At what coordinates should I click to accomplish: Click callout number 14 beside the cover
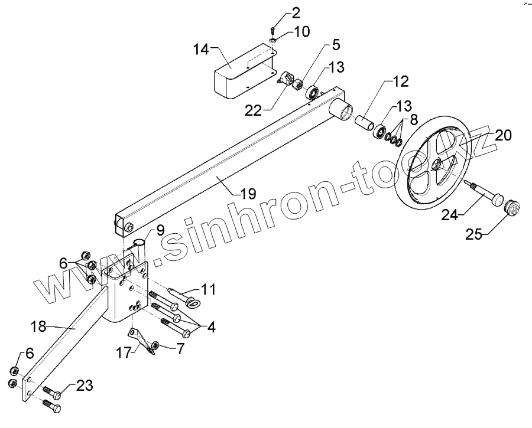tap(202, 50)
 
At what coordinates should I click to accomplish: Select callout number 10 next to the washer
tap(301, 32)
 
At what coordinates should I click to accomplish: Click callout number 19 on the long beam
tap(249, 192)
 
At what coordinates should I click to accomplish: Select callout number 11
tap(207, 289)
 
